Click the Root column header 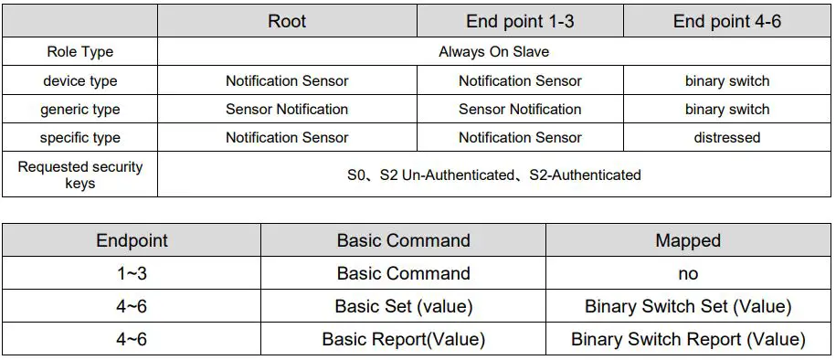287,21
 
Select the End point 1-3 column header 520,21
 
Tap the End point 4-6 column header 726,21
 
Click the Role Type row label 80,51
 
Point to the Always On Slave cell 493,51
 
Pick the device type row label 80,80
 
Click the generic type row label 80,110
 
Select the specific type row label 80,138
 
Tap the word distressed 726,138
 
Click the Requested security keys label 80,175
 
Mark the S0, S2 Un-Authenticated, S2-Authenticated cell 493,175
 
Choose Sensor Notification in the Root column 287,110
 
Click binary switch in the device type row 726,80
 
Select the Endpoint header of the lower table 132,241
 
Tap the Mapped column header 688,241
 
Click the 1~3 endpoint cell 132,273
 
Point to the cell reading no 688,273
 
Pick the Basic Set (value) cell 403,306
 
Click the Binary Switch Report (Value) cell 688,339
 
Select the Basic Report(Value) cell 403,339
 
